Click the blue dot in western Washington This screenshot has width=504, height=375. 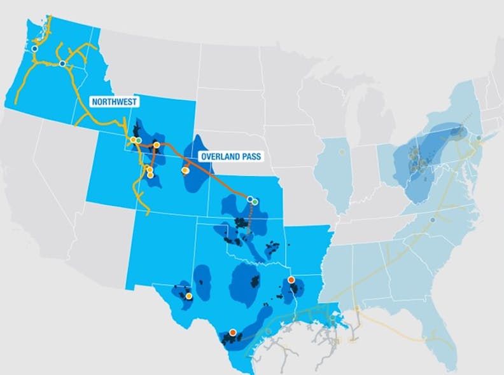point(34,48)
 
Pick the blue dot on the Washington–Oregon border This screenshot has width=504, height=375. point(62,64)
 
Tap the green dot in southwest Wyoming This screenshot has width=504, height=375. point(138,140)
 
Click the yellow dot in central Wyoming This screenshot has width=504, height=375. point(157,145)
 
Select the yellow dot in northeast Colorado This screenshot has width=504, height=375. point(185,170)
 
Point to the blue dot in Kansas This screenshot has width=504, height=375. point(249,199)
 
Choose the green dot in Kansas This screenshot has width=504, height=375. point(255,201)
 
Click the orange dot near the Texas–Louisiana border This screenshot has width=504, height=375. point(291,279)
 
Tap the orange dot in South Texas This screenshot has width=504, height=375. point(233,332)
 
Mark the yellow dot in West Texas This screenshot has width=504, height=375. point(189,296)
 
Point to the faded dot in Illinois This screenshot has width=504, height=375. point(342,152)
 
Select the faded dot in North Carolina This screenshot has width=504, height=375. point(433,220)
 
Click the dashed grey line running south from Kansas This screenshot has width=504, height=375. point(250,219)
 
